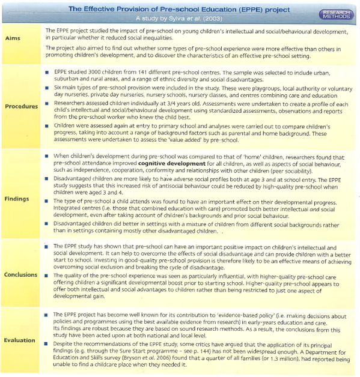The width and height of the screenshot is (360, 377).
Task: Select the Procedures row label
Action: pos(21,106)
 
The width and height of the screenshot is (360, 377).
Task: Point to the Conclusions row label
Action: pos(21,275)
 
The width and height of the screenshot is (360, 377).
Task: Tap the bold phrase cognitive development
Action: pos(174,163)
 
